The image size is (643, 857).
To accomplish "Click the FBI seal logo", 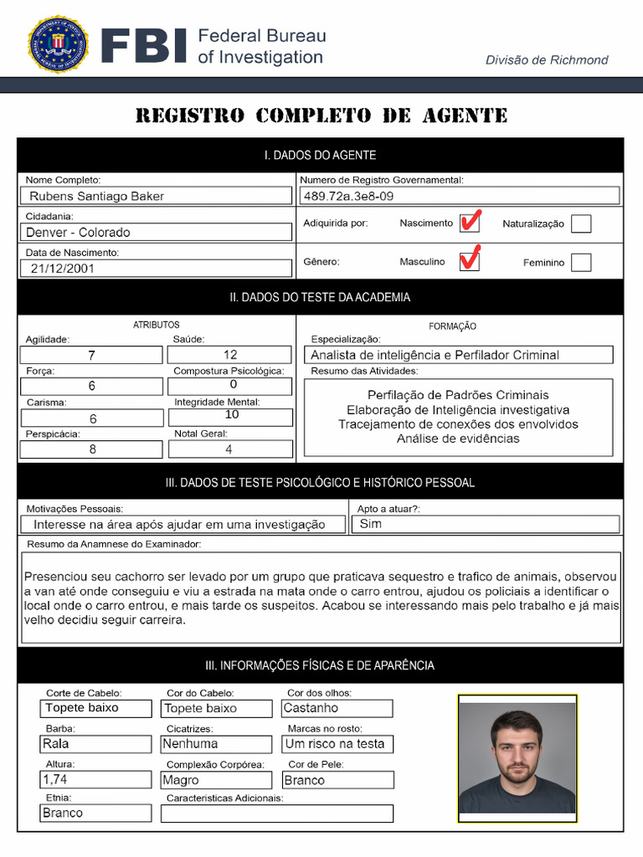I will point(58,44).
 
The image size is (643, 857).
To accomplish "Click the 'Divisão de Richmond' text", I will point(547,59).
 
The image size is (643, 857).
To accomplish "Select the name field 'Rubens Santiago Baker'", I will point(157,196).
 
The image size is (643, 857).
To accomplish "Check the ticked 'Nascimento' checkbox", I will point(470,223).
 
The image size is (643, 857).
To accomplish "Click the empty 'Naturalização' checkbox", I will point(580,223).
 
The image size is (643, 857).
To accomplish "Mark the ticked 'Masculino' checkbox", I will point(470,261).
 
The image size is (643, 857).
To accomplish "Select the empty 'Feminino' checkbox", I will point(580,262).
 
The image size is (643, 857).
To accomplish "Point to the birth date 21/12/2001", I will point(157,269).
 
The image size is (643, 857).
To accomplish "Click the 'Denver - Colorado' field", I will point(157,232).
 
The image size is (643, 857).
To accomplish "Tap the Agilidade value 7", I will point(92,355).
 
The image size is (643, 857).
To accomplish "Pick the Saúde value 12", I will point(230,355).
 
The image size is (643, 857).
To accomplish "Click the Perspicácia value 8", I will point(92,449).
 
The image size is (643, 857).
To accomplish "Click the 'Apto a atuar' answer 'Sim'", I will point(486,524).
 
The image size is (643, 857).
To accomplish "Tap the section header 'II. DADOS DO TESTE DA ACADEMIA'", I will point(321,297).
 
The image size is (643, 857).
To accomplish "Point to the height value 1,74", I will point(96,779).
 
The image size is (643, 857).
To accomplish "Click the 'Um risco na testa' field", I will point(337,743).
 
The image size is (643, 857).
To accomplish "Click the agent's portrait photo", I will point(517,758).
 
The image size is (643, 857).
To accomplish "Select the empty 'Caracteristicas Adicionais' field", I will point(276,813).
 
